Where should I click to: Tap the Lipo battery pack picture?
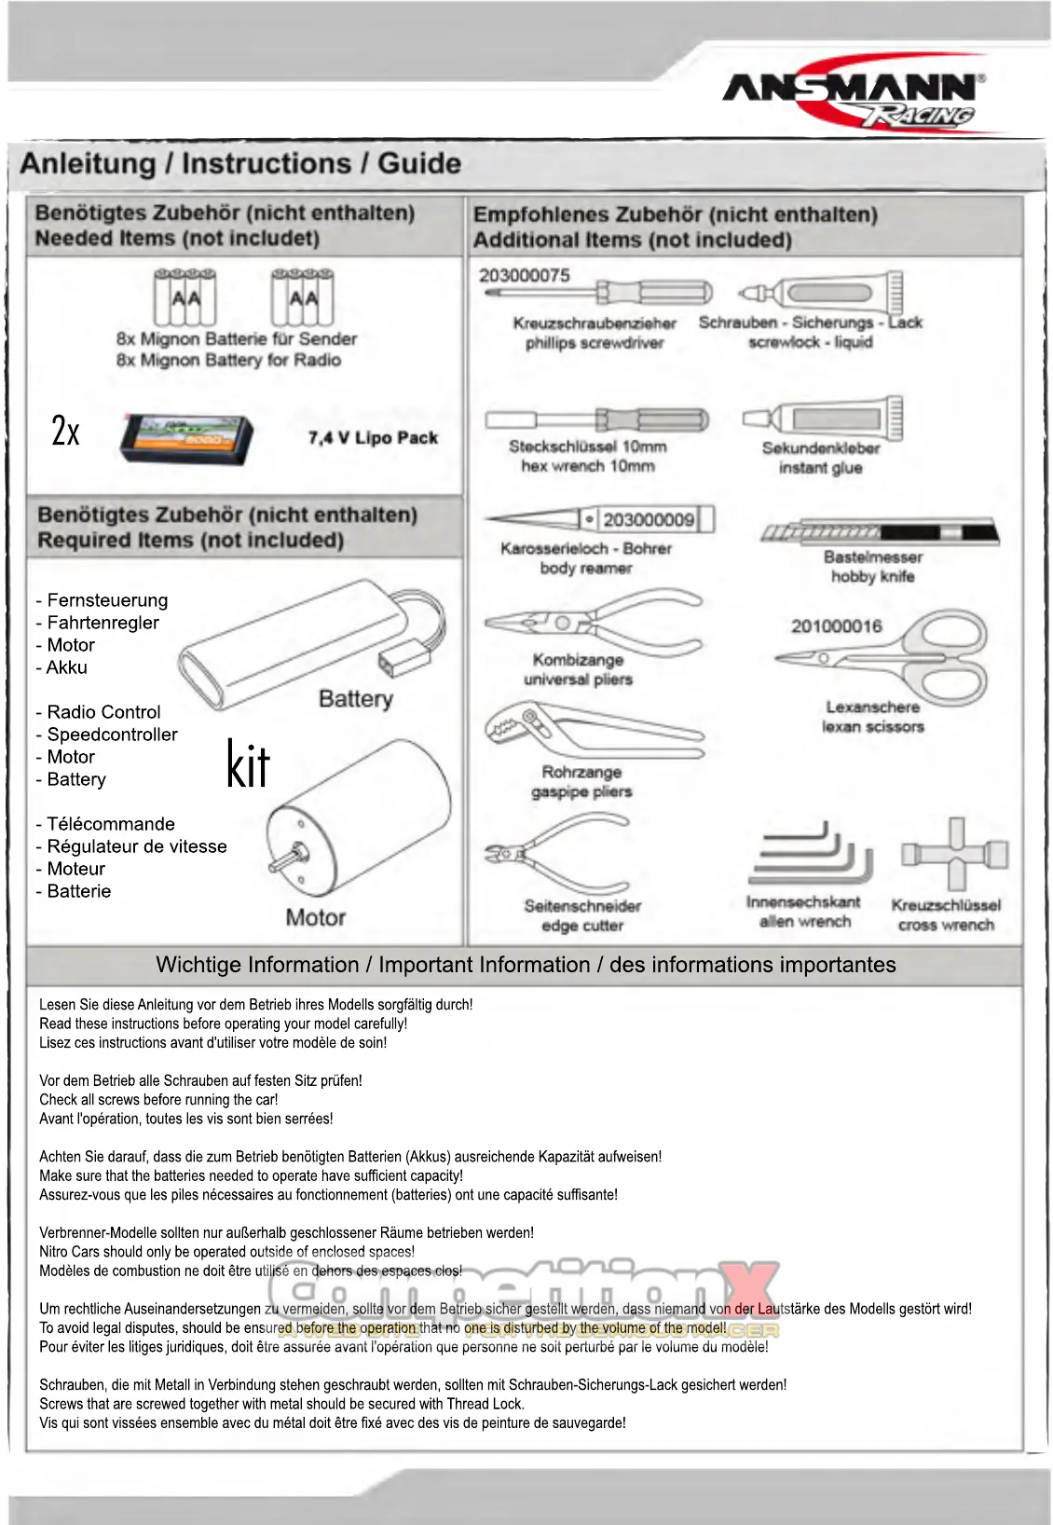[186, 437]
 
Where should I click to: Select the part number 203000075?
[524, 275]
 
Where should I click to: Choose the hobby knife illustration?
[880, 534]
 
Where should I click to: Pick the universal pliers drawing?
[591, 621]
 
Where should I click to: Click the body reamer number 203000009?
[648, 519]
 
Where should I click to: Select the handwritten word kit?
[248, 765]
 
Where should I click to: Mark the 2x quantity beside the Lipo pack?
[65, 431]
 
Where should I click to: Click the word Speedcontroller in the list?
[112, 735]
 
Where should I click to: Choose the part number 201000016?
[836, 626]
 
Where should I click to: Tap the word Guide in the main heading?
[419, 164]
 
